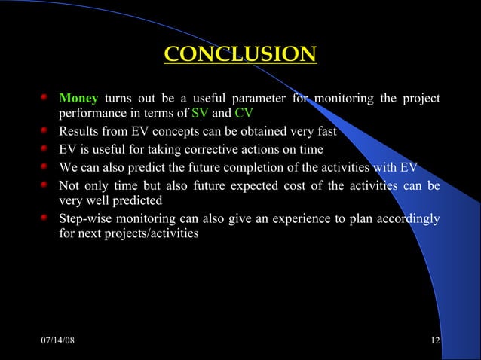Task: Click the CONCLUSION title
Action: pyautogui.click(x=240, y=55)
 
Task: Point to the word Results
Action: pyautogui.click(x=79, y=132)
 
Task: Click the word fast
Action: pyautogui.click(x=325, y=132)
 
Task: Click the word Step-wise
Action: pyautogui.click(x=85, y=218)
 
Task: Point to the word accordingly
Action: pyautogui.click(x=406, y=218)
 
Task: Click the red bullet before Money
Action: pyautogui.click(x=46, y=99)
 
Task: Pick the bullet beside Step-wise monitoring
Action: pyautogui.click(x=46, y=218)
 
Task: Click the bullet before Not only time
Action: pyautogui.click(x=46, y=185)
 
